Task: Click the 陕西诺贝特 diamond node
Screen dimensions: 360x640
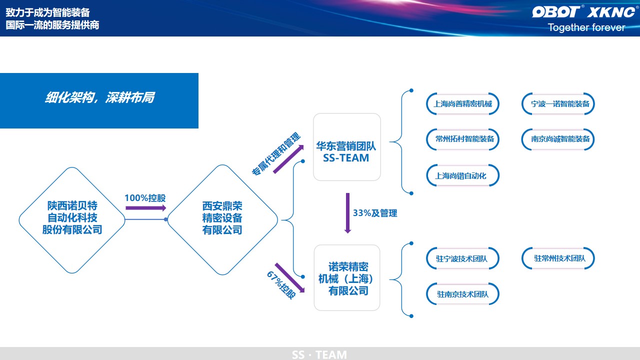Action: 72,218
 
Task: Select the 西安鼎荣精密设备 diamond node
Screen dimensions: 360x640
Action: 222,218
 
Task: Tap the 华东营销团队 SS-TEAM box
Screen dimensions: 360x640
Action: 346,147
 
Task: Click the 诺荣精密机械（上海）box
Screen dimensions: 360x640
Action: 346,278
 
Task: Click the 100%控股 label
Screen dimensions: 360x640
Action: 145,197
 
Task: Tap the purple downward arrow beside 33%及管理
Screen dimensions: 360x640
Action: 347,213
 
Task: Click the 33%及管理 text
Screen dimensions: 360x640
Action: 375,213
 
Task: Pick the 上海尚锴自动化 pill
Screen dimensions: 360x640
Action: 460,175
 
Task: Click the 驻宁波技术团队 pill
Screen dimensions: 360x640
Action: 461,259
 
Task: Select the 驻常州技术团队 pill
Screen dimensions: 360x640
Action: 559,258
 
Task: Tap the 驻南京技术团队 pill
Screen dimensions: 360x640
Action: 462,294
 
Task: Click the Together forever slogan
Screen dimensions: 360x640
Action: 586,27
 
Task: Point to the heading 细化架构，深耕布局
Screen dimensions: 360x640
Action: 99,98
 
